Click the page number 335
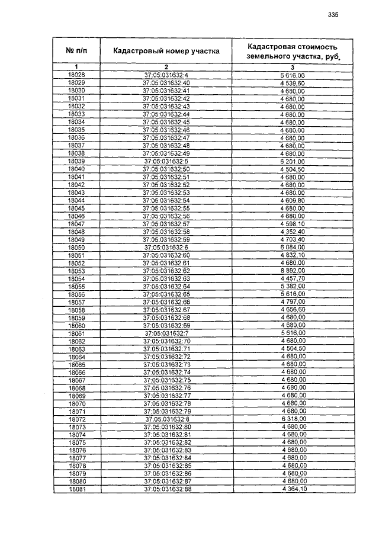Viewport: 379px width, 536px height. pyautogui.click(x=332, y=16)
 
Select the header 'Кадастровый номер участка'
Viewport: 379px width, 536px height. pyautogui.click(x=166, y=51)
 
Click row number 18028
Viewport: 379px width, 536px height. pyautogui.click(x=76, y=75)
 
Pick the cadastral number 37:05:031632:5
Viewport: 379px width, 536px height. pyautogui.click(x=166, y=161)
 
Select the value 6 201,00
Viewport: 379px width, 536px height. pyautogui.click(x=293, y=161)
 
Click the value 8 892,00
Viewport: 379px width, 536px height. pyautogui.click(x=293, y=271)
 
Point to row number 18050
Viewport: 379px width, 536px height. pyautogui.click(x=76, y=247)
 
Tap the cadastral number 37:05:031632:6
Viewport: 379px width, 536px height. pyautogui.click(x=166, y=247)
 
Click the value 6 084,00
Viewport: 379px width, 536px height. pyautogui.click(x=293, y=247)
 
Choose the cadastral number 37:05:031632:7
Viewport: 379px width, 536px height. pyautogui.click(x=166, y=333)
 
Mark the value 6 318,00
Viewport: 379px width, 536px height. pyautogui.click(x=293, y=419)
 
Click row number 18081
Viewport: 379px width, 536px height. pyautogui.click(x=77, y=490)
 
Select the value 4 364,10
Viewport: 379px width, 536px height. pyautogui.click(x=293, y=490)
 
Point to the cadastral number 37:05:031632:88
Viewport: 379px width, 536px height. pyautogui.click(x=166, y=490)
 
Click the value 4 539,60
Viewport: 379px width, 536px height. pyautogui.click(x=293, y=83)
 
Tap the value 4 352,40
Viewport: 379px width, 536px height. pyautogui.click(x=293, y=232)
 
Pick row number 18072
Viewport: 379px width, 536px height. pyautogui.click(x=77, y=419)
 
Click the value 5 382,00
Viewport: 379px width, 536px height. pyautogui.click(x=293, y=286)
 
